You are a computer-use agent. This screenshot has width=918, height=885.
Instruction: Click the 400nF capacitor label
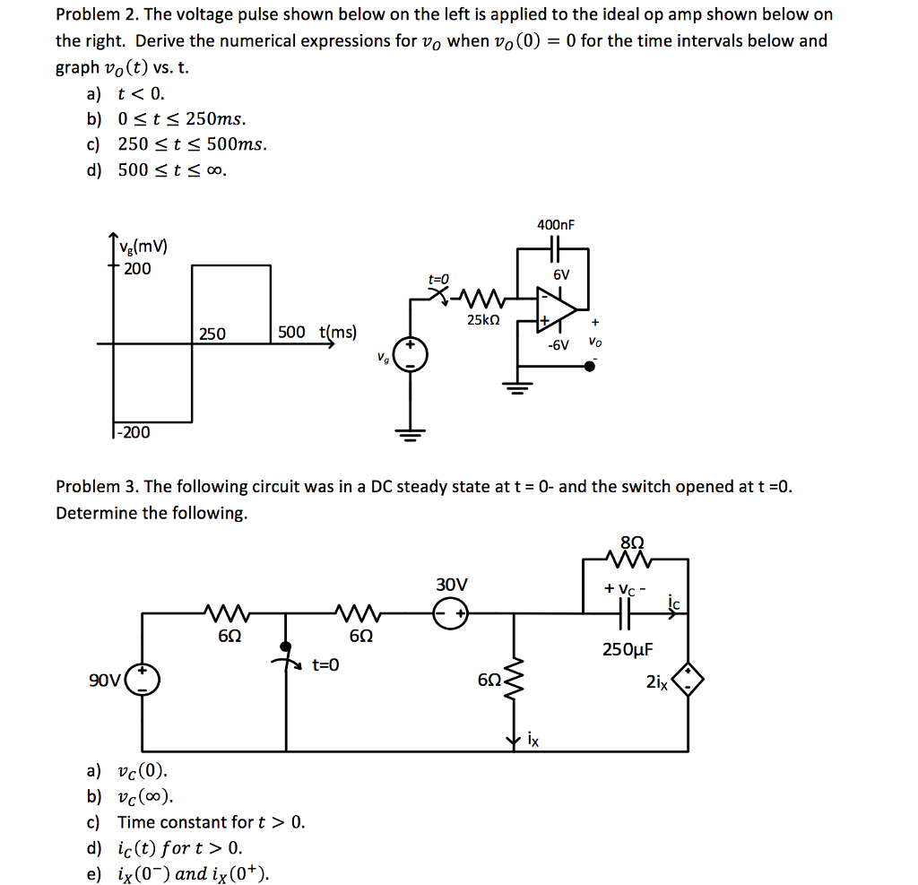pyautogui.click(x=555, y=224)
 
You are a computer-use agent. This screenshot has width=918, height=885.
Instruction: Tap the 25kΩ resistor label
pyautogui.click(x=484, y=319)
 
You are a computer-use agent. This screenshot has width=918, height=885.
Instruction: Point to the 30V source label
pyautogui.click(x=452, y=585)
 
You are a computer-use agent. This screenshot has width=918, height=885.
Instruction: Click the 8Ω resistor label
pyautogui.click(x=632, y=542)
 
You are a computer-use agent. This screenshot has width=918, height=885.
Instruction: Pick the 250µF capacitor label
pyautogui.click(x=628, y=649)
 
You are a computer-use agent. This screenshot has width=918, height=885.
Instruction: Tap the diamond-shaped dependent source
pyautogui.click(x=688, y=682)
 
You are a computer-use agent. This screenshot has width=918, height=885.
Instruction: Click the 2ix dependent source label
pyautogui.click(x=656, y=682)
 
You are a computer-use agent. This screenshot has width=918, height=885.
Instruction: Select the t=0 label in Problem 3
pyautogui.click(x=325, y=664)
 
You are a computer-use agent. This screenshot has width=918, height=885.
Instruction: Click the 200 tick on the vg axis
pyautogui.click(x=137, y=268)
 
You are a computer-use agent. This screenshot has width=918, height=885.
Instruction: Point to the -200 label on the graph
pyautogui.click(x=134, y=433)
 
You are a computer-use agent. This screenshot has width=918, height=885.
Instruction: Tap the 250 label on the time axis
pyautogui.click(x=212, y=334)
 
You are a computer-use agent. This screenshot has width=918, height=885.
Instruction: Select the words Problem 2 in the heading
pyautogui.click(x=95, y=15)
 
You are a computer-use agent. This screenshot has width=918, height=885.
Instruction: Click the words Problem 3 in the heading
pyautogui.click(x=95, y=487)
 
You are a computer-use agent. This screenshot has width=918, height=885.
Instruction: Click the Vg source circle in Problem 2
pyautogui.click(x=411, y=356)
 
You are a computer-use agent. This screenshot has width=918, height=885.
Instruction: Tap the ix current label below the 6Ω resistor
pyautogui.click(x=533, y=740)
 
